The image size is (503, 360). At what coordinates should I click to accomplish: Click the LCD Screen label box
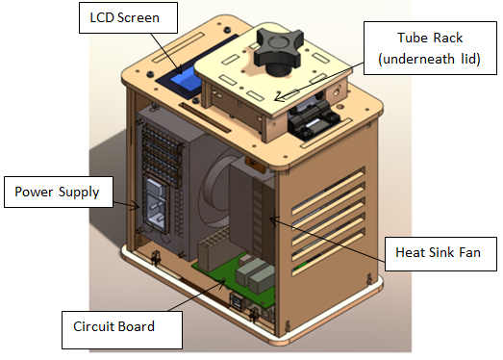click(128, 17)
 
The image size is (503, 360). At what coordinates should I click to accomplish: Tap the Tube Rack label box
click(430, 48)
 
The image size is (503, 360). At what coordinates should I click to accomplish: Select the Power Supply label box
click(59, 192)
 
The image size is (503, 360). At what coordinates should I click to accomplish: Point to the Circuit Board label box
click(122, 329)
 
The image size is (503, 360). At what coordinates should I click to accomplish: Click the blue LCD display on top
click(186, 80)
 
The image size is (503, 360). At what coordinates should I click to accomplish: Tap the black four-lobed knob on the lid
click(279, 51)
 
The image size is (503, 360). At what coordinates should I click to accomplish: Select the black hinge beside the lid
click(313, 118)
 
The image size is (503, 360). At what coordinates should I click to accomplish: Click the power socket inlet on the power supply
click(157, 204)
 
